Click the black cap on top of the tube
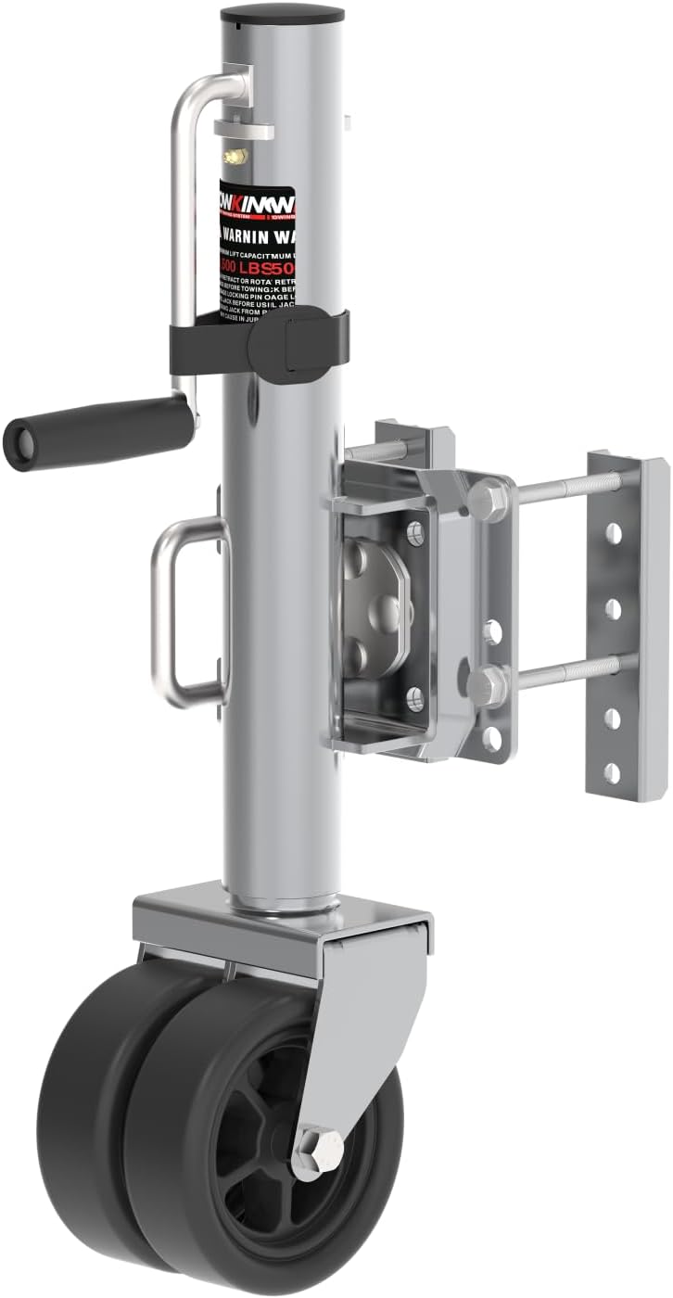point(282,15)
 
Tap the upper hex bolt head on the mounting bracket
point(489,501)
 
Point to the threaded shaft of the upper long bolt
point(565,487)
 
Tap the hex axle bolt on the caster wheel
point(316,1152)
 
